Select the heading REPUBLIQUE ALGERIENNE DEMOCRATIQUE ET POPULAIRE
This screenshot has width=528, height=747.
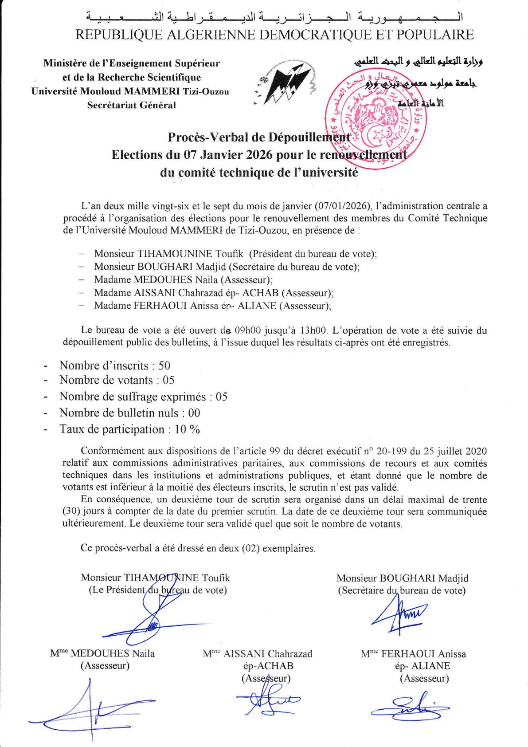[x=274, y=35]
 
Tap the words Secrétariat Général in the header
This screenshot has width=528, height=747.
[x=132, y=106]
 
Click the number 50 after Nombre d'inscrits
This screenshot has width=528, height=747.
[x=164, y=366]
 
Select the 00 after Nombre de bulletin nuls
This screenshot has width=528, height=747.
[x=194, y=413]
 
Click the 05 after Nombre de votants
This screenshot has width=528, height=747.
[x=168, y=380]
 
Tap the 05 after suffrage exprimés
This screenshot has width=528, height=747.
[x=221, y=397]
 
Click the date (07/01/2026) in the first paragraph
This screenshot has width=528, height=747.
[x=342, y=206]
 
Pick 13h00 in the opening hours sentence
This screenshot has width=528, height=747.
[x=313, y=330]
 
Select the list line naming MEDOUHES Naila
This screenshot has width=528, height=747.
[x=183, y=280]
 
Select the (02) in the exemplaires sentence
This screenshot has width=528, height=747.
[x=251, y=548]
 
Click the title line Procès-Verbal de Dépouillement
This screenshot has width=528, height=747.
[x=259, y=138]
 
